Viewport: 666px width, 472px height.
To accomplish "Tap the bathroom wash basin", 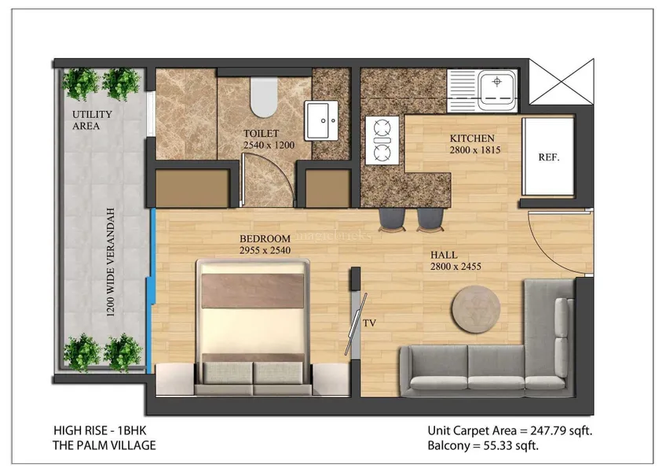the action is pyautogui.click(x=321, y=121).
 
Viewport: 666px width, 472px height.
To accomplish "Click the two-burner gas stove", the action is pyautogui.click(x=382, y=140).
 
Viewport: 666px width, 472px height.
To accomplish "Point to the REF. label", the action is pyautogui.click(x=549, y=157).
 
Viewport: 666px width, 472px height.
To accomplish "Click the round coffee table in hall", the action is pyautogui.click(x=476, y=308).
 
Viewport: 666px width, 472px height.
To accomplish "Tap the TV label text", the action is pyautogui.click(x=369, y=323).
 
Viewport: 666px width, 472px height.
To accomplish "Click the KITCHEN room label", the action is pyautogui.click(x=472, y=138).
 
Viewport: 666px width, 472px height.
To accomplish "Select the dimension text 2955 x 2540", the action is pyautogui.click(x=265, y=250).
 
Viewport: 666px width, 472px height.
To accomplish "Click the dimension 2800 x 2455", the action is pyautogui.click(x=456, y=267).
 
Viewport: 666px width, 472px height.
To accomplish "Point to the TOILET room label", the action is pyautogui.click(x=261, y=133).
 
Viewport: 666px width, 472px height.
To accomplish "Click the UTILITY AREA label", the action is pyautogui.click(x=92, y=120).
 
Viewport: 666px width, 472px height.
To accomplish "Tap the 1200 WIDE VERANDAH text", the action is pyautogui.click(x=111, y=262).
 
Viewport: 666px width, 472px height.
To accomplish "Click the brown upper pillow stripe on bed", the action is pyautogui.click(x=252, y=291).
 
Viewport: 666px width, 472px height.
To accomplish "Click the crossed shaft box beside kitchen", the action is pyautogui.click(x=562, y=81).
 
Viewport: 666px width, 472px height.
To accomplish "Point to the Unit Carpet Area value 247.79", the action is pyautogui.click(x=548, y=431).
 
